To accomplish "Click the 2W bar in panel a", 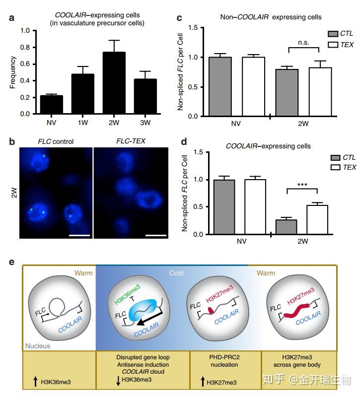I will (x=118, y=83).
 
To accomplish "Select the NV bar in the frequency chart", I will (x=52, y=105).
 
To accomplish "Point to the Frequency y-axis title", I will (x=13, y=72).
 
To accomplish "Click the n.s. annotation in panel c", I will (x=304, y=43).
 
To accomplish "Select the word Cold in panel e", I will (x=176, y=272).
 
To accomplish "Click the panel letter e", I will (x=12, y=262).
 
